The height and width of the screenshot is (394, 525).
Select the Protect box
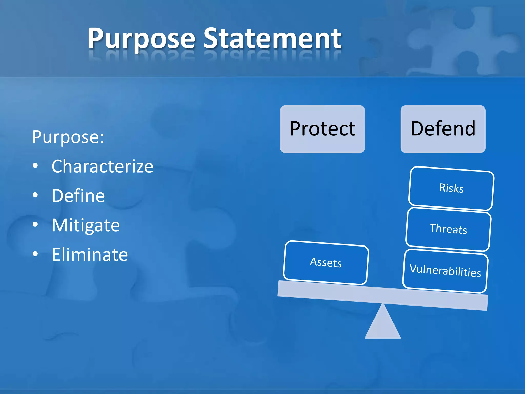322,129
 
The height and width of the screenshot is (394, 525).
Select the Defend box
443,129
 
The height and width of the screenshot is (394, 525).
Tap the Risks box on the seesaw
451,188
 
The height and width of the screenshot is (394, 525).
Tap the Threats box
448,229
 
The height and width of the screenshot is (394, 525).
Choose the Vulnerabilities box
445,271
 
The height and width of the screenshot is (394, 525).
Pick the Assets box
326,263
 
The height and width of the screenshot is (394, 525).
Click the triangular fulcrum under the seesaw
382,324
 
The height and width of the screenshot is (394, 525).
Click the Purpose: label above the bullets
68,137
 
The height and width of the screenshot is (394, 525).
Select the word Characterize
102,166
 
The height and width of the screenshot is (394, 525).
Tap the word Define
78,196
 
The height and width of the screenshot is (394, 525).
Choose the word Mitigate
86,225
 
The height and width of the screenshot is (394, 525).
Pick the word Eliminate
90,254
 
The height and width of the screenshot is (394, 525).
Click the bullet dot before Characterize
35,166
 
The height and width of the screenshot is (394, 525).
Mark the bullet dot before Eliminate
35,254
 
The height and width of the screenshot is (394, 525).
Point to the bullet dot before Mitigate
35,225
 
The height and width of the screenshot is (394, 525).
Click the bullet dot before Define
35,195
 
